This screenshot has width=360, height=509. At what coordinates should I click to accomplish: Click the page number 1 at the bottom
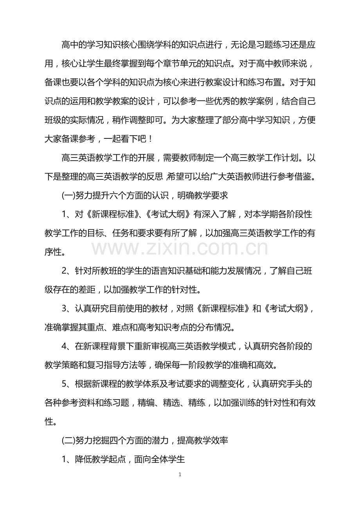coord(180,475)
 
